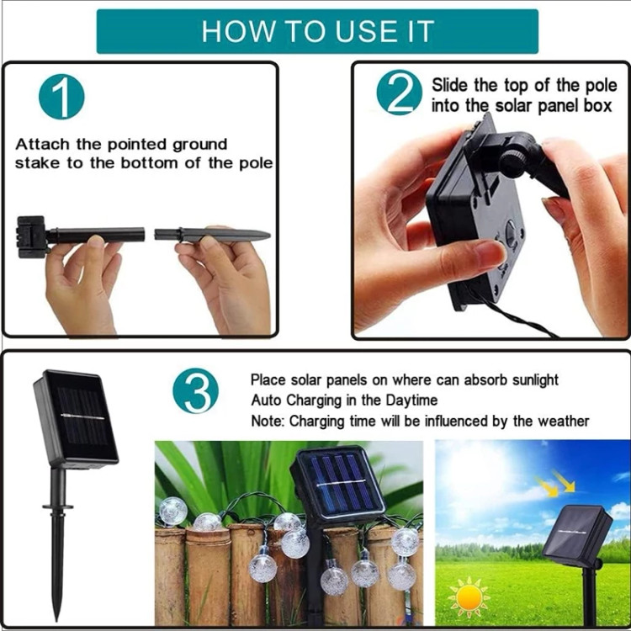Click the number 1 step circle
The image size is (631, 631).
point(61,97)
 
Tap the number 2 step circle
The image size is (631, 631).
point(399,93)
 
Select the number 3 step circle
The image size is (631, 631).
point(195,390)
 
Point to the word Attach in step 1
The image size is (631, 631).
point(42,144)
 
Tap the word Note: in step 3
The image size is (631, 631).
point(268,421)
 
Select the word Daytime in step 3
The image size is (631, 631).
point(411,400)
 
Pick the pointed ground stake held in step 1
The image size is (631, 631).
point(212,235)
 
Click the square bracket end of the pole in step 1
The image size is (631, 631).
point(31,237)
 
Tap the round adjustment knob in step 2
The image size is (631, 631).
point(513,160)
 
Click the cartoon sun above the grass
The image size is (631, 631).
point(469,596)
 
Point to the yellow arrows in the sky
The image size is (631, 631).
point(555,483)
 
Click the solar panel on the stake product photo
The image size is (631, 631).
point(76,417)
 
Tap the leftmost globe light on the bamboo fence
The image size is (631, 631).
point(173,512)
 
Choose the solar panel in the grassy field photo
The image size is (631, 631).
point(576,532)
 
